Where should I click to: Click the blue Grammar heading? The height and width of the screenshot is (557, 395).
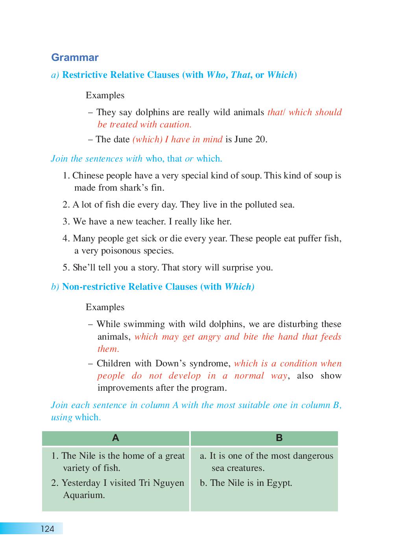[75, 57]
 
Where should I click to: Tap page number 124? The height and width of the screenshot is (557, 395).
[47, 529]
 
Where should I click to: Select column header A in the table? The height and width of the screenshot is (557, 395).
[116, 438]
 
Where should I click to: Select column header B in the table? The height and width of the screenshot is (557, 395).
[279, 438]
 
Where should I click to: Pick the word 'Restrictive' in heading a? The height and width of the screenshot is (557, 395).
[85, 75]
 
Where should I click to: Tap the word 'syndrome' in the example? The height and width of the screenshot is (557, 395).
[211, 363]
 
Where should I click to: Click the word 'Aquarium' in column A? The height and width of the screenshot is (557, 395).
[84, 495]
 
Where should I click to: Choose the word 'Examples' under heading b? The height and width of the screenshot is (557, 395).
[105, 307]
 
